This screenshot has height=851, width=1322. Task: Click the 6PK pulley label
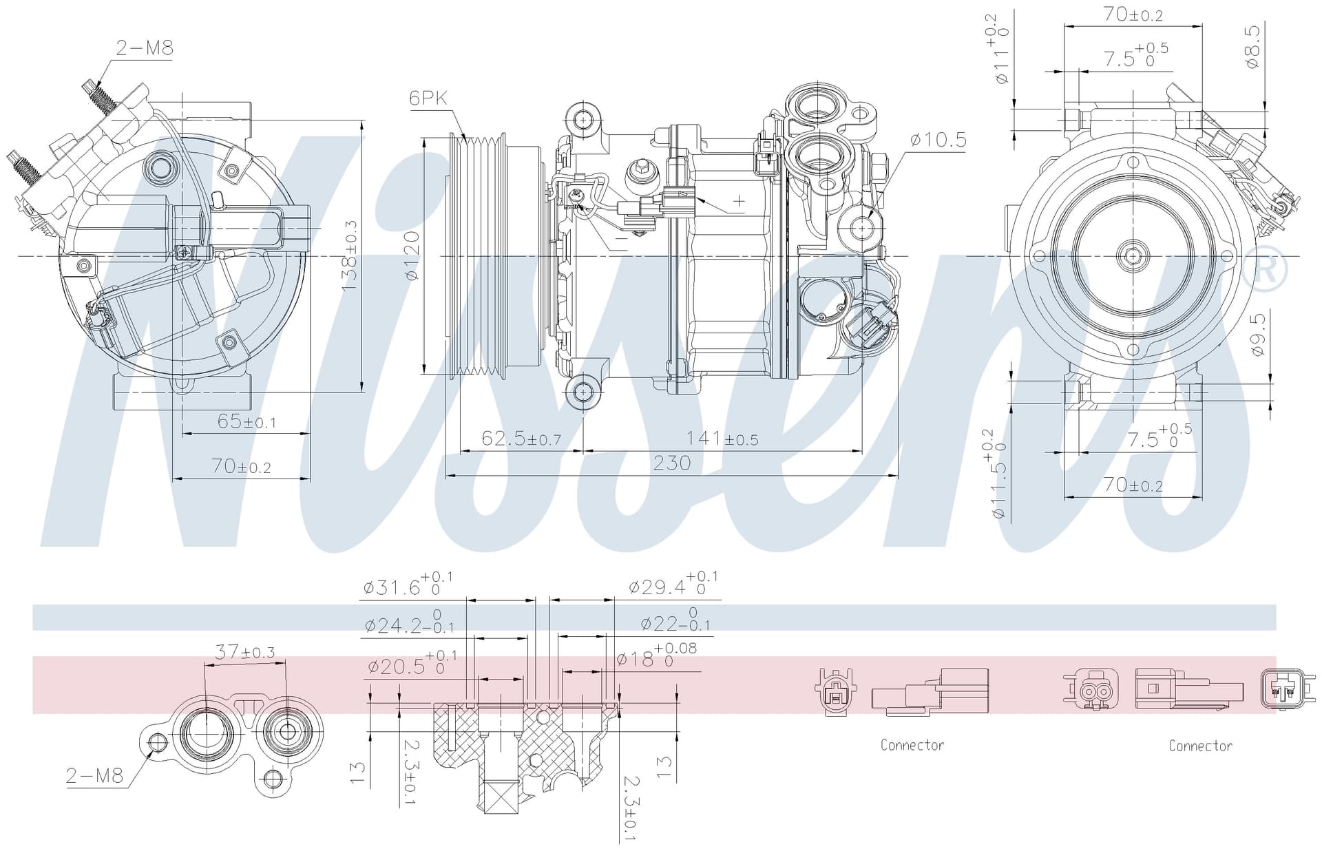pos(428,98)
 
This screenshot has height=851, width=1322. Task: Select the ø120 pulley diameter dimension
pos(412,255)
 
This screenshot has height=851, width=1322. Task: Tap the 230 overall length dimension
pos(671,463)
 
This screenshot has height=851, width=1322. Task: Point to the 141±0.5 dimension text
pos(722,438)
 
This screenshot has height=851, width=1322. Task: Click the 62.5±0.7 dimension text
pos(521,438)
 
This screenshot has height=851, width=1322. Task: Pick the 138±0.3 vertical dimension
pos(350,255)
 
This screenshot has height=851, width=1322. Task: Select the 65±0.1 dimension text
pos(246,421)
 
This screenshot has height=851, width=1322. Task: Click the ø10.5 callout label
pos(938,140)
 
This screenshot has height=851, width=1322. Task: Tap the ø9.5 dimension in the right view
pos(1258,334)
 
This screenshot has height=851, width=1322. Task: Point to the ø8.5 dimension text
pos(1252,46)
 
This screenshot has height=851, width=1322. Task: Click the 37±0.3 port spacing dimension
pos(244,651)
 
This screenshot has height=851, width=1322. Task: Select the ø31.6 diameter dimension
pos(408,584)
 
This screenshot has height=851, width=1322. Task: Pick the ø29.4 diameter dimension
pos(673,584)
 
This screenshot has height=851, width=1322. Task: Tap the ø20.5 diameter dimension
pos(412,663)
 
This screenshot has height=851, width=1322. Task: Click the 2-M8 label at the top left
pos(145,48)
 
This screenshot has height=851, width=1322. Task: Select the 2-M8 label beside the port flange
pos(94,776)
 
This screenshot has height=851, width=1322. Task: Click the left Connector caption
pos(912,745)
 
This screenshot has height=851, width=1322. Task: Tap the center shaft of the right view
pos(1133,255)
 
